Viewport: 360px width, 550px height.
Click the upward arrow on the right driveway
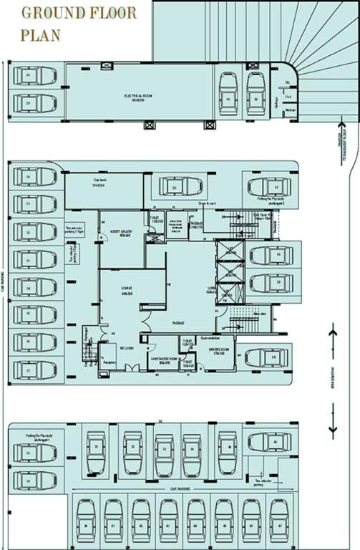tap(333, 332)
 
